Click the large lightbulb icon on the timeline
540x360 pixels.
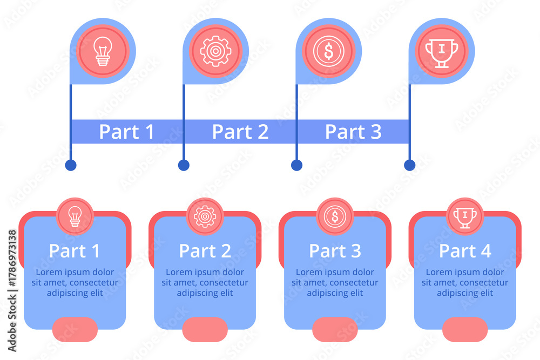pos(102,51)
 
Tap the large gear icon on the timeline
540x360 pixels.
pos(215,51)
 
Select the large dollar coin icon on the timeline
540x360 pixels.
pos(328,51)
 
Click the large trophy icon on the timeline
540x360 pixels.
pos(442,51)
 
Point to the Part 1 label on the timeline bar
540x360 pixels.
pos(127,132)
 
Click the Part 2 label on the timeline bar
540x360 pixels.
pos(240,132)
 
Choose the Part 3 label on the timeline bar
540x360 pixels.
pos(353,132)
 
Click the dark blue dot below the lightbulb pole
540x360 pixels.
pos(71,165)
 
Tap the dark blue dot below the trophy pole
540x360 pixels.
pos(410,165)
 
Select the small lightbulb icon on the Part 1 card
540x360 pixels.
pos(75,216)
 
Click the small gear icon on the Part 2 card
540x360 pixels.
pos(205,216)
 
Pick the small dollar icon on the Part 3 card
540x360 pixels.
pos(335,216)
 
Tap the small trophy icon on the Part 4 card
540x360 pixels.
pos(465,216)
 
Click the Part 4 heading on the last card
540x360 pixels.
pos(465,251)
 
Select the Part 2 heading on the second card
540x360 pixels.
pos(205,251)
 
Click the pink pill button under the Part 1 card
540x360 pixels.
pos(75,329)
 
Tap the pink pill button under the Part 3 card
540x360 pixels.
pos(335,329)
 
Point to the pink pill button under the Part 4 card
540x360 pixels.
pos(465,329)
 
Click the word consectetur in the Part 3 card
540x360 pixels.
pos(352,283)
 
